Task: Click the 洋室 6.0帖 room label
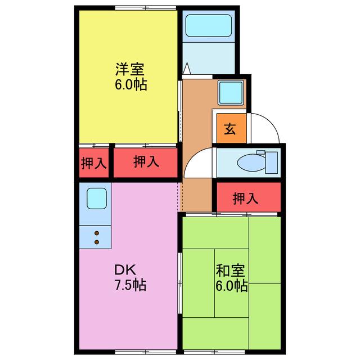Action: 130,76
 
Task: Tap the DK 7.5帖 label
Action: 130,277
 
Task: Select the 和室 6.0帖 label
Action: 231,277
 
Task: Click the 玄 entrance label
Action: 230,129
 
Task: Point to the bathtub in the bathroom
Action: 209,25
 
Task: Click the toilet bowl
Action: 251,163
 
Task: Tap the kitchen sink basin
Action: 97,199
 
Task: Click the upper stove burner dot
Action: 97,233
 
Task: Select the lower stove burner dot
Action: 97,242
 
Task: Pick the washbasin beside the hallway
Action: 231,92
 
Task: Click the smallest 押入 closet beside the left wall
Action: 94,163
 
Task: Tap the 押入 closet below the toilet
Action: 249,197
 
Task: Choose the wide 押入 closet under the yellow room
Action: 146,163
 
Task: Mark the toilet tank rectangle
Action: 271,163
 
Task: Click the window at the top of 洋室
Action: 146,8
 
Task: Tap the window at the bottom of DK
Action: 146,352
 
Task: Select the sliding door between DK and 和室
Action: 180,283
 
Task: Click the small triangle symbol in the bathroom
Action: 187,68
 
